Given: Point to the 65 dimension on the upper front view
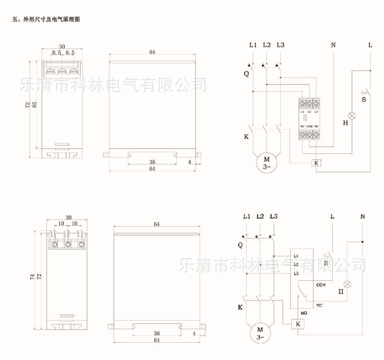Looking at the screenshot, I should click(34, 104).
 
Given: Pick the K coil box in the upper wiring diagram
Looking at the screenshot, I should click(316, 163).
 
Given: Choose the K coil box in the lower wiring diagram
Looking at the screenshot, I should click(298, 324).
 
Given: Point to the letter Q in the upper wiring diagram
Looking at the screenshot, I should click(246, 74).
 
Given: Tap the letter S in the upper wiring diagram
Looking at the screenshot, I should click(363, 100).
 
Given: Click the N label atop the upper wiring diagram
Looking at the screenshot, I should click(333, 45).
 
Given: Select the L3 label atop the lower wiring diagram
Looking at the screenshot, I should click(274, 216).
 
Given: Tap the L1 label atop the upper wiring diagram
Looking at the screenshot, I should click(253, 45).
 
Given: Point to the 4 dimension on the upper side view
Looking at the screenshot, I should click(189, 162).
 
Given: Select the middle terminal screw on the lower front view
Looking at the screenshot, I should click(68, 245).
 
